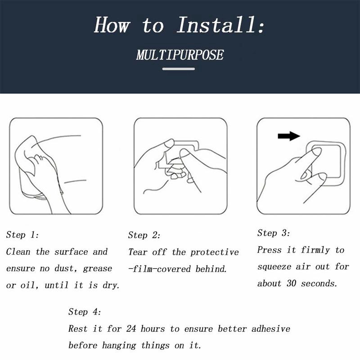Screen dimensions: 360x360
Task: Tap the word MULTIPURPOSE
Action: (180, 55)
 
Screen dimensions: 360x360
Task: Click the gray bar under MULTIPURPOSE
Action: (178, 69)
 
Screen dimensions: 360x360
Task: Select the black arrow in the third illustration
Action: (289, 136)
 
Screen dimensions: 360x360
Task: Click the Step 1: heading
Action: (22, 234)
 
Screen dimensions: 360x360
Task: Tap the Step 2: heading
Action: (144, 235)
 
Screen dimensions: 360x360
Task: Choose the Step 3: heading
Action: (274, 233)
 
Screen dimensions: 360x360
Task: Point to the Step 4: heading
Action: (85, 312)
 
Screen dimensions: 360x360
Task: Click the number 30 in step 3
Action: (291, 283)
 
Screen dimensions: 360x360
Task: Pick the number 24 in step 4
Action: (131, 328)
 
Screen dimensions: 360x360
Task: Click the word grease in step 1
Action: (98, 269)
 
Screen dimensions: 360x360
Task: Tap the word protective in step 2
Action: (215, 252)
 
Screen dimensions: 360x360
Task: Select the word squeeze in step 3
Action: (274, 267)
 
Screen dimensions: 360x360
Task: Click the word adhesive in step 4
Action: (271, 328)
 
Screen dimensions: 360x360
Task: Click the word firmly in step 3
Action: (315, 250)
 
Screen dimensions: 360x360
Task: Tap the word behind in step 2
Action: (211, 269)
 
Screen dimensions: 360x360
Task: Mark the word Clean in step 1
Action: (18, 252)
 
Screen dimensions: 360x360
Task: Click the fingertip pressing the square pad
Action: (316, 152)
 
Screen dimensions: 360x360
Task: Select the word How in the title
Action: (112, 25)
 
